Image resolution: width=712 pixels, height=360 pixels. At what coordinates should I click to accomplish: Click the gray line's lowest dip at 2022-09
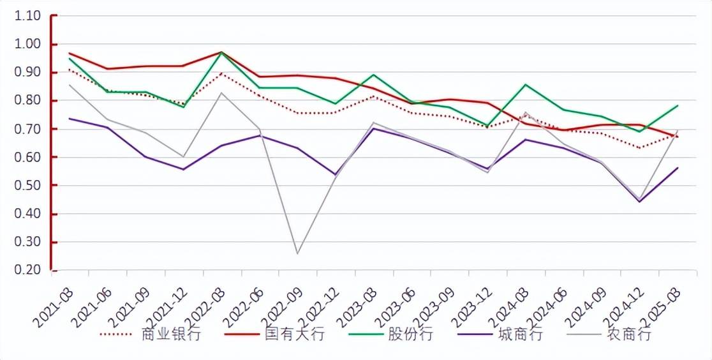pyautogui.click(x=297, y=253)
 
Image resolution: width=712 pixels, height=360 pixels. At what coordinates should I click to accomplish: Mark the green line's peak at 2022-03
pyautogui.click(x=221, y=52)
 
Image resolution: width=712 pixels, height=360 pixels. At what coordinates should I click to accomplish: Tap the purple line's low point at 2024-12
pyautogui.click(x=639, y=202)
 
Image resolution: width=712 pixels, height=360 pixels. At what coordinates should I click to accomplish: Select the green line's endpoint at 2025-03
pyautogui.click(x=678, y=105)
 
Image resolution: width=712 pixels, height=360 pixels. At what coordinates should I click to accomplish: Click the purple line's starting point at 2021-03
pyautogui.click(x=69, y=119)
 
